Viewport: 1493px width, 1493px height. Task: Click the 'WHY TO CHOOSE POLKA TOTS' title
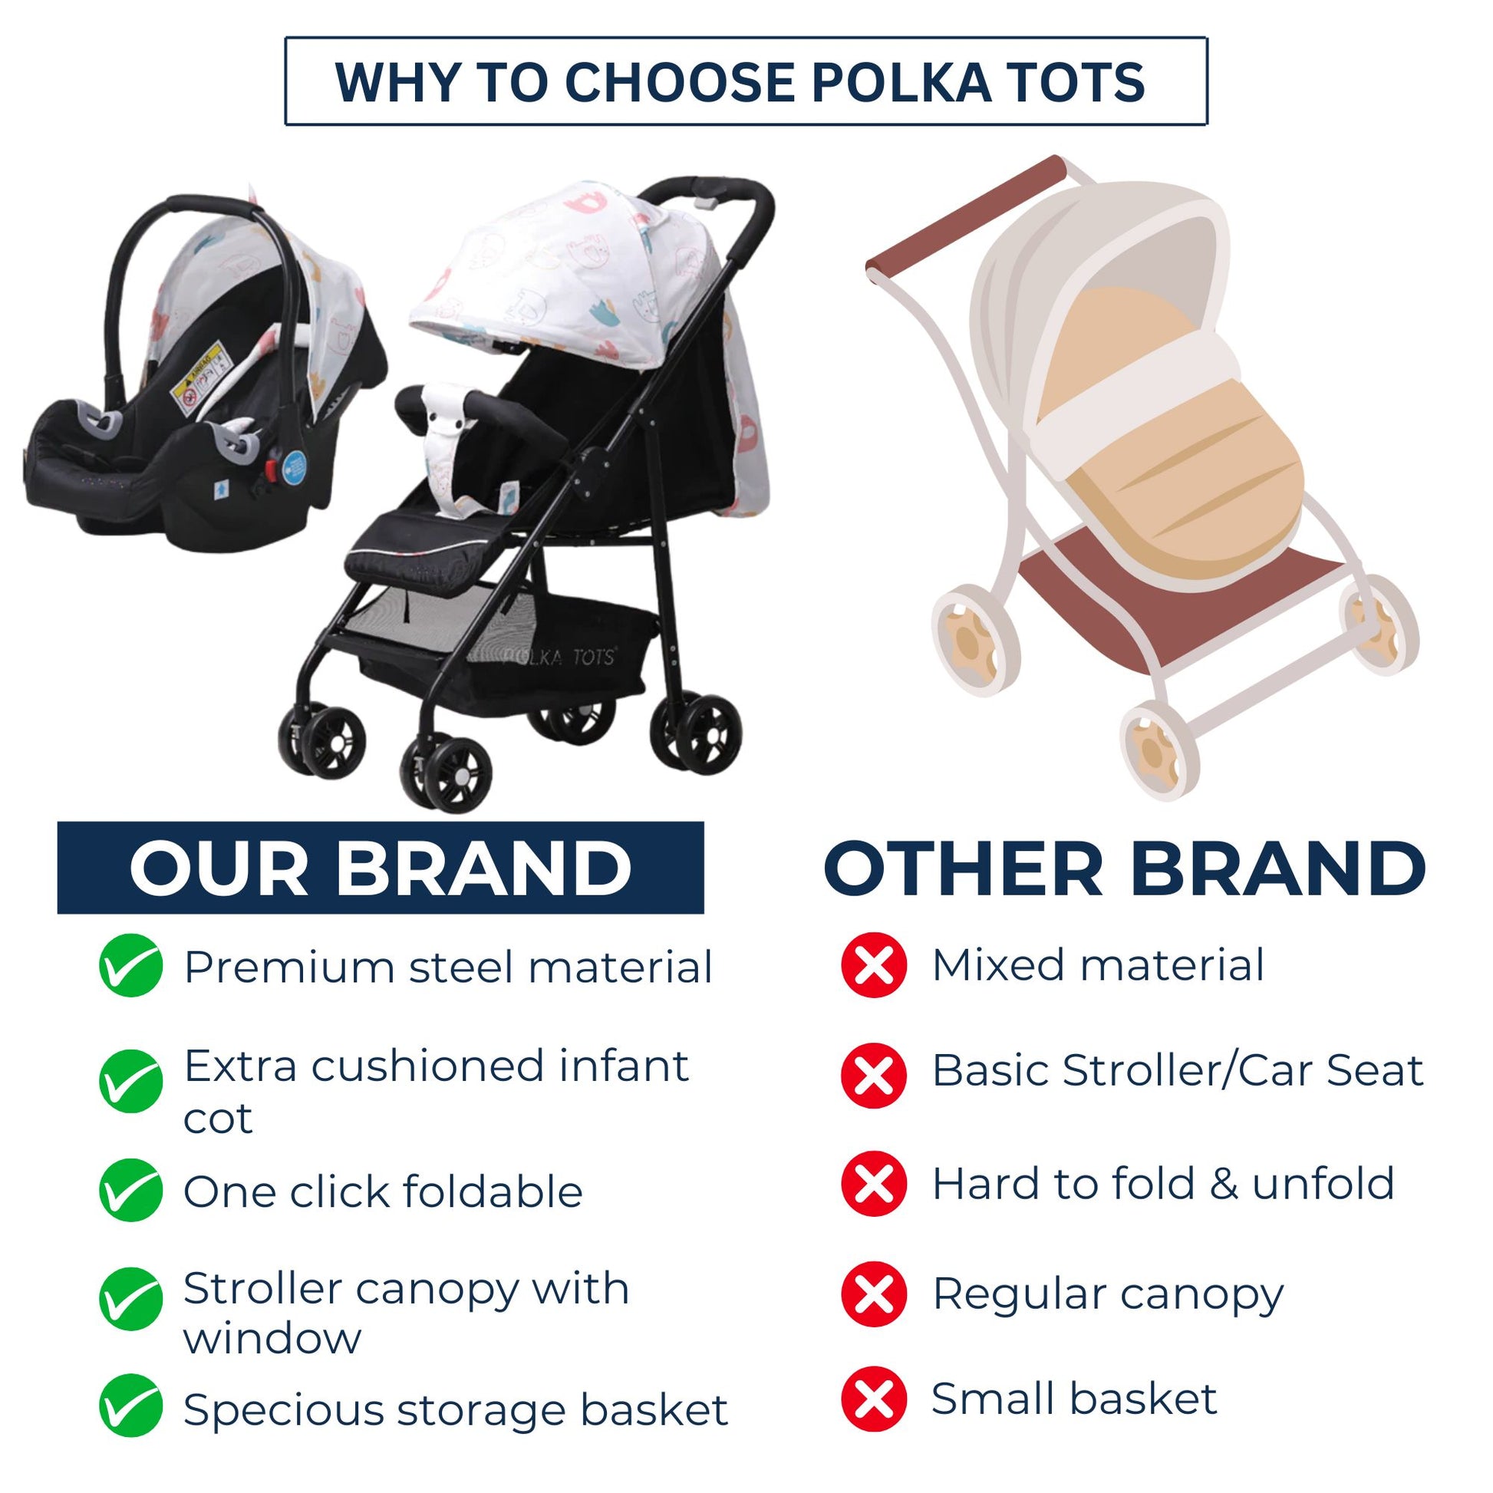point(740,82)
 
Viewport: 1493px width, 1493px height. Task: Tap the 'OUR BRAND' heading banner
point(381,867)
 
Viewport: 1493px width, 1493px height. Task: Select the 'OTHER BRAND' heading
point(1126,868)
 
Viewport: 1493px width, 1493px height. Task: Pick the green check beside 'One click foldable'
point(130,1190)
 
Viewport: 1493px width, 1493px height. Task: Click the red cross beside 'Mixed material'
point(874,964)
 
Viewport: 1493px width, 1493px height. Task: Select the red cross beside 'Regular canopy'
point(874,1294)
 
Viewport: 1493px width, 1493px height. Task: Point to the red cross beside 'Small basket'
point(874,1399)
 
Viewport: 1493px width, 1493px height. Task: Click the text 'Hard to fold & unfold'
point(1163,1183)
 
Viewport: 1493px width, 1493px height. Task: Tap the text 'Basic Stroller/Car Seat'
point(1177,1070)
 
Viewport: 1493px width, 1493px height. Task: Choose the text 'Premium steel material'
point(447,967)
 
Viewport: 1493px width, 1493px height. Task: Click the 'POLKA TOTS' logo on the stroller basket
point(558,656)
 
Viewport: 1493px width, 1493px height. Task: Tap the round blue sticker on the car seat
point(295,469)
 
